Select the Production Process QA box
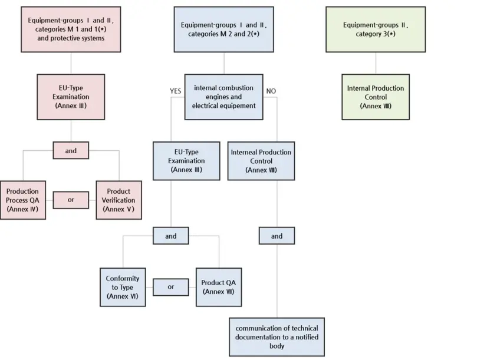click(x=22, y=200)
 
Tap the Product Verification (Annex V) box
click(x=119, y=200)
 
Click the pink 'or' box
click(x=71, y=200)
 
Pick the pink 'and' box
click(x=71, y=151)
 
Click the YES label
click(x=176, y=91)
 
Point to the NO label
click(x=271, y=91)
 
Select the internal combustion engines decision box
click(x=224, y=97)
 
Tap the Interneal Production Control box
click(x=261, y=160)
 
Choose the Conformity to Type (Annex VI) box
click(x=123, y=287)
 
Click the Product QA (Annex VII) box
click(x=219, y=287)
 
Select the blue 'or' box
click(x=171, y=287)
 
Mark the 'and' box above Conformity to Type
click(x=171, y=236)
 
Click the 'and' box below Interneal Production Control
click(x=277, y=236)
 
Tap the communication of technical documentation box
click(x=277, y=336)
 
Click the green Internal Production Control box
click(x=376, y=97)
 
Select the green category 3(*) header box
click(x=376, y=29)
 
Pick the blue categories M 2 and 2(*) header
click(x=224, y=29)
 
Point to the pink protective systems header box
click(x=71, y=29)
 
